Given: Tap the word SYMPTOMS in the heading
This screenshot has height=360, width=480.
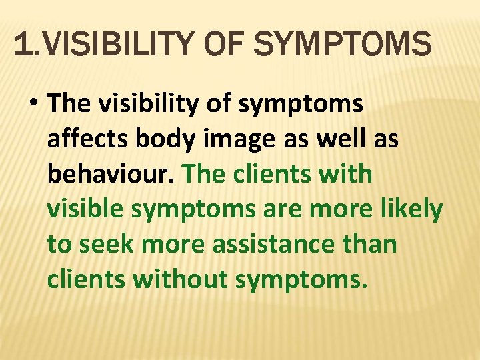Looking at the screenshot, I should tap(343, 45).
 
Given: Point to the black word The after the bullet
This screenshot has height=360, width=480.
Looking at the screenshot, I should tap(71, 103).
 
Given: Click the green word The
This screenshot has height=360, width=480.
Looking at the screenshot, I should tap(206, 174).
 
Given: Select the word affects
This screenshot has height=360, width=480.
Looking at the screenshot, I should tap(88, 139).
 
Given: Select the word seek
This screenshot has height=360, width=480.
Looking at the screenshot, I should tap(106, 245).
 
